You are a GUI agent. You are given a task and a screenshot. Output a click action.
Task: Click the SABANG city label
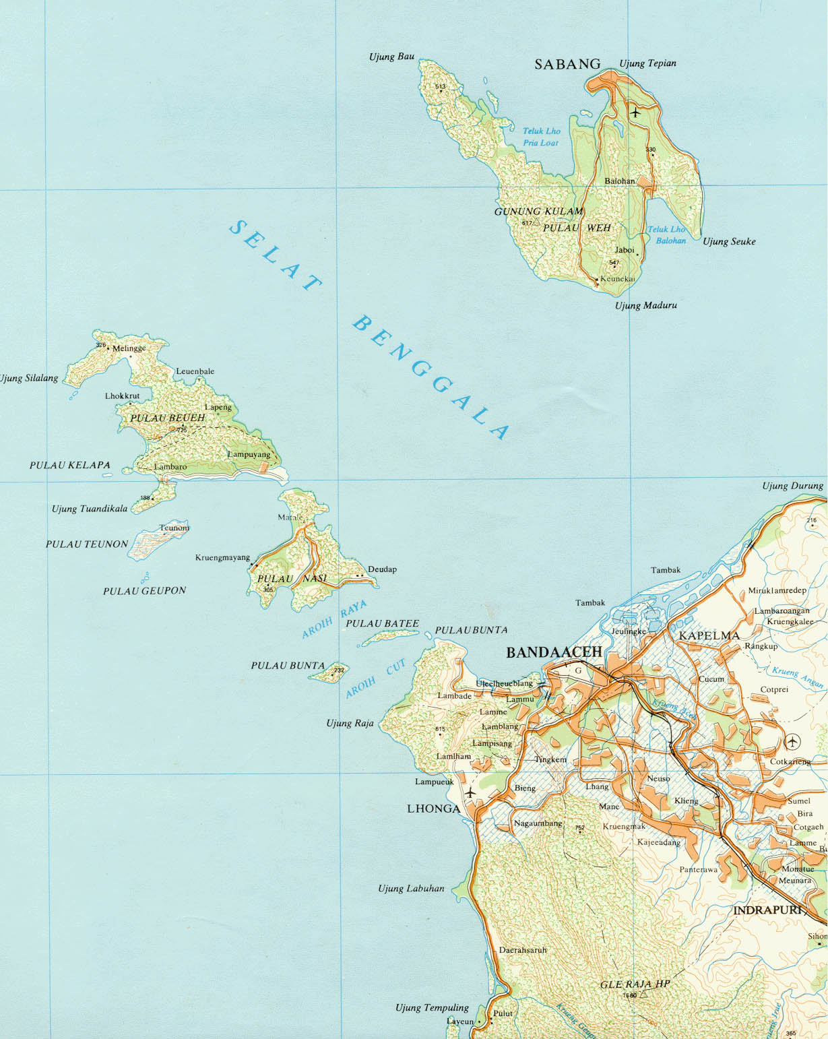coord(567,64)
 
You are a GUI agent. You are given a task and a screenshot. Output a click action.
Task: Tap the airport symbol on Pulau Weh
coord(635,112)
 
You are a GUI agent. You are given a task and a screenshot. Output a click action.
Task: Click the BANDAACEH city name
coord(554,652)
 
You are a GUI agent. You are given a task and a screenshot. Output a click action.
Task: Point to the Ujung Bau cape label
coord(391,57)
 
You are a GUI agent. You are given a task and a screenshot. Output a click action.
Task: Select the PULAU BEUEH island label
coord(167,418)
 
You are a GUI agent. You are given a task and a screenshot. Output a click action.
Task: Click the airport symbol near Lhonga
coord(470,792)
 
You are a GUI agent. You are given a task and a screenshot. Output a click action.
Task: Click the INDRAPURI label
coord(767,910)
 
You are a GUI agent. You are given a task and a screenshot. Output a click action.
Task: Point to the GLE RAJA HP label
coord(635,984)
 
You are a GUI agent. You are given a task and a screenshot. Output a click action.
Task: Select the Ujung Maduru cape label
coord(645,305)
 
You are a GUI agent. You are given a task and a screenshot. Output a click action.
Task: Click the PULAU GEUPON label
coord(144,591)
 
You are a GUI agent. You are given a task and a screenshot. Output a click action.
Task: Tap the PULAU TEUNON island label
coord(86,544)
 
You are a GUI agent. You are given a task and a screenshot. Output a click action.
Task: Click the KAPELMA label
coord(709,635)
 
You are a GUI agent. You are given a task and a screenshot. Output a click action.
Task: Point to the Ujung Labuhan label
coord(411,888)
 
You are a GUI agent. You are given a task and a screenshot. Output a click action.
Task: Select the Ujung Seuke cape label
coord(729,241)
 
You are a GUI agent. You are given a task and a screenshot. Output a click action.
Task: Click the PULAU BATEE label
coord(382,623)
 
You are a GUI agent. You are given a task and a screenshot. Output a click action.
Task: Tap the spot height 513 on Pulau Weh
coord(441,87)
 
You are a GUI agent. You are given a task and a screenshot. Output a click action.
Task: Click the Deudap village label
coord(381,569)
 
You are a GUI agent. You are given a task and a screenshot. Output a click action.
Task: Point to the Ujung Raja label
coord(350,723)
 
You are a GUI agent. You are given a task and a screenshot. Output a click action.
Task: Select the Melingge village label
coord(129,348)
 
